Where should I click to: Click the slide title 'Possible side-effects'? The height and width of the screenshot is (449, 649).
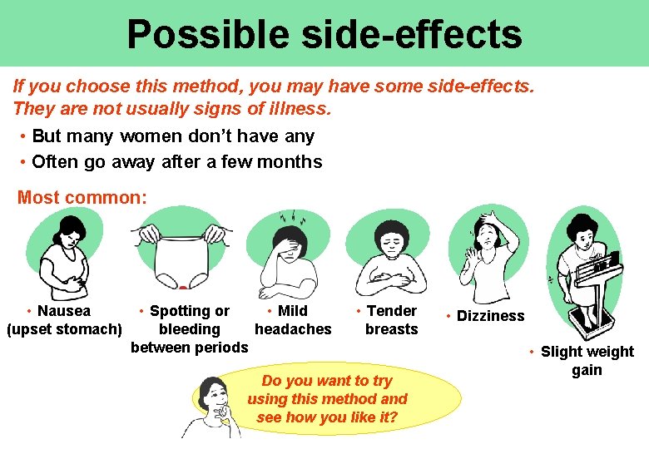click(x=324, y=34)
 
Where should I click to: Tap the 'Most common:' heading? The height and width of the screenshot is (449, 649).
click(x=82, y=197)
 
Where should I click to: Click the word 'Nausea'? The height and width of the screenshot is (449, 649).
click(x=64, y=311)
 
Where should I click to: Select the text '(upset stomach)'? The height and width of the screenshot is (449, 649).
click(x=64, y=329)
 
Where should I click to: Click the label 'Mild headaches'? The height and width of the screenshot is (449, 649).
click(x=292, y=320)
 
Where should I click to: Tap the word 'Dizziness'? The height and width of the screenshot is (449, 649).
click(x=490, y=316)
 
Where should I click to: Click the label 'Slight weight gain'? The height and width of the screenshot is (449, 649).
click(x=587, y=361)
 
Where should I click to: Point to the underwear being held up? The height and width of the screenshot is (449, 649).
click(x=181, y=256)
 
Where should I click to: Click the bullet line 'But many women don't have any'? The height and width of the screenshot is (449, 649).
click(x=172, y=136)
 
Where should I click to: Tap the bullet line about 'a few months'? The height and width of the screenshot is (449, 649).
click(x=176, y=161)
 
